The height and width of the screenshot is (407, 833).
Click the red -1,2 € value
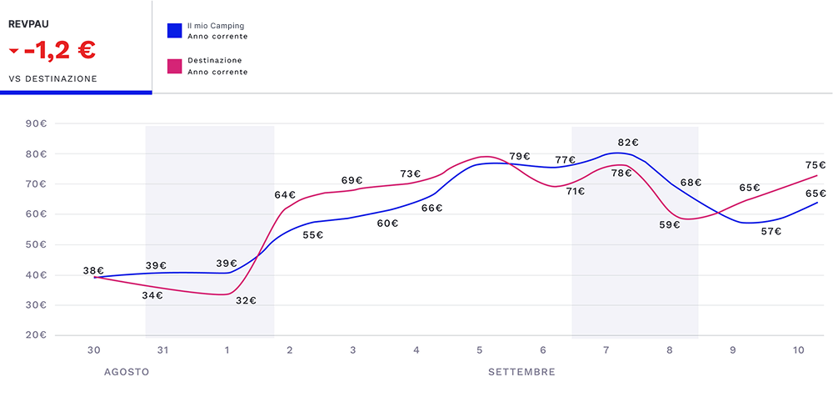[59, 51]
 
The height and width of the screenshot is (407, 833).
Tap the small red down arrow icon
[13, 52]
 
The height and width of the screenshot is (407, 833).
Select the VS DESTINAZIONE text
[52, 79]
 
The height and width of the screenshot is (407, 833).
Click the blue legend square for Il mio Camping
[174, 30]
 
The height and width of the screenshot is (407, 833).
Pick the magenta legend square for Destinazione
[174, 65]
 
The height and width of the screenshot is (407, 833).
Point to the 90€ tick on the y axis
[37, 124]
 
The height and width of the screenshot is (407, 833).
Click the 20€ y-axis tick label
[37, 335]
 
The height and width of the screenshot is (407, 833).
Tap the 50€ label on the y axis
[37, 244]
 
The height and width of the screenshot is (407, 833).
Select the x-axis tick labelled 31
[162, 350]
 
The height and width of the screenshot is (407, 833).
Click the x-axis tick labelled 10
[799, 350]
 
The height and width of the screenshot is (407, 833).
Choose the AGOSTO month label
[127, 372]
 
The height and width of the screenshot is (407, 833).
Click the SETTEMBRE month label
[521, 372]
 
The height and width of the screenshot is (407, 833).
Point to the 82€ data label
[629, 143]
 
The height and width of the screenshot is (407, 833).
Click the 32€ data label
[246, 301]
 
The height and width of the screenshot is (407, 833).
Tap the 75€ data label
[816, 165]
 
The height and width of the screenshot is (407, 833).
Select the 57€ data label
[771, 231]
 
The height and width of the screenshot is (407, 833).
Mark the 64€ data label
[285, 195]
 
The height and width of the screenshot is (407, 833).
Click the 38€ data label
[93, 271]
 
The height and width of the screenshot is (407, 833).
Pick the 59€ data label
[670, 224]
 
